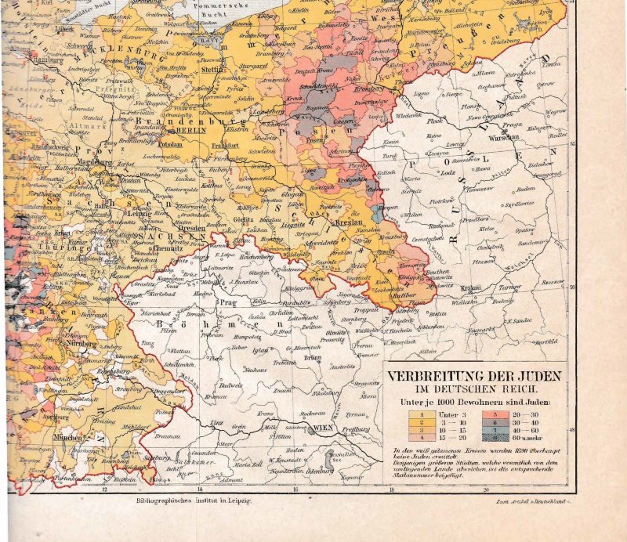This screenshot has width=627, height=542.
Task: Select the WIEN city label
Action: tap(322, 428)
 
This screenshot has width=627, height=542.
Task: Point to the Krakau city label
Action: tap(469, 288)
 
